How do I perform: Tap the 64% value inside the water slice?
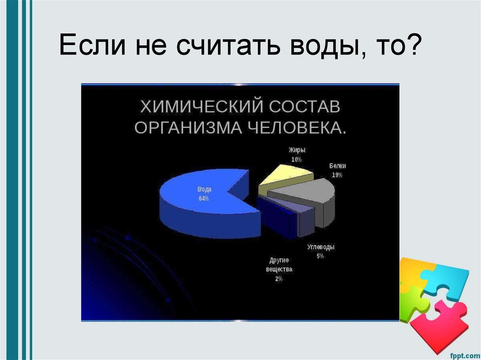[203, 199]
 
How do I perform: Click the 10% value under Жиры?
[296, 160]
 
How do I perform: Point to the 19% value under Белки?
[337, 175]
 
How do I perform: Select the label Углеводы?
[321, 247]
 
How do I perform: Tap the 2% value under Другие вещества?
[279, 279]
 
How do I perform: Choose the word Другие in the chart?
[279, 260]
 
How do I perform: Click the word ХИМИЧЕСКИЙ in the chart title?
[198, 107]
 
